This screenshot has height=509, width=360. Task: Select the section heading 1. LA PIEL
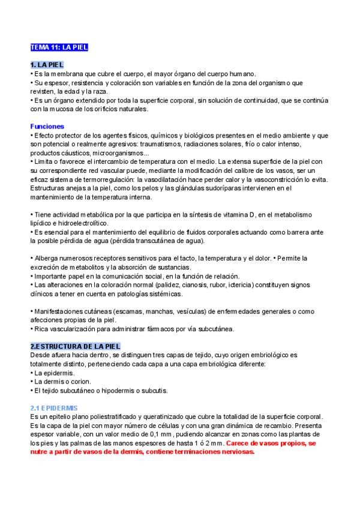pyautogui.click(x=47, y=65)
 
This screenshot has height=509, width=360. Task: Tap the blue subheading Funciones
pyautogui.click(x=47, y=127)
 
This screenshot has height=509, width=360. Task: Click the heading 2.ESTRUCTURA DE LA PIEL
pyautogui.click(x=76, y=346)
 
